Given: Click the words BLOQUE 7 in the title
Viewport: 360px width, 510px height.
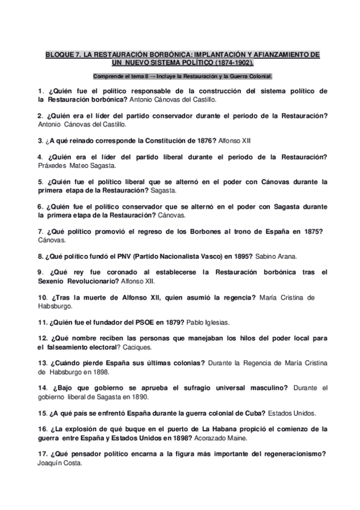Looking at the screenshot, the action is tap(63, 54).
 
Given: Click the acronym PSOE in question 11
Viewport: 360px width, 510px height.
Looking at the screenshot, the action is tap(135, 322).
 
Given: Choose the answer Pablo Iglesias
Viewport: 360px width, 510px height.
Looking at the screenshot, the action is tap(208, 322).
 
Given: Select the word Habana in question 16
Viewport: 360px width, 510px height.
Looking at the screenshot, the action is tap(249, 429).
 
